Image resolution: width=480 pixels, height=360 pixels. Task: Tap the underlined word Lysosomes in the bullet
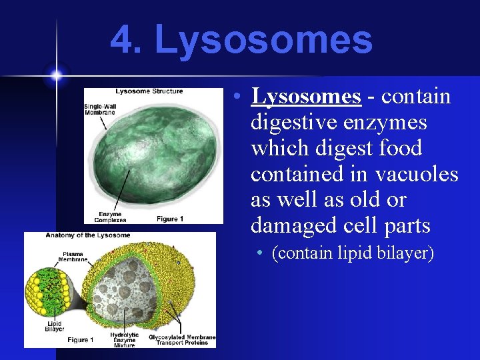click(306, 97)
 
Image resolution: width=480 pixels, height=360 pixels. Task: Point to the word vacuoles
click(417, 174)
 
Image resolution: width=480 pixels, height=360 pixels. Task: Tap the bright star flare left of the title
click(56, 75)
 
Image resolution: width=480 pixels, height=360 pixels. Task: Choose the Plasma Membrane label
click(75, 257)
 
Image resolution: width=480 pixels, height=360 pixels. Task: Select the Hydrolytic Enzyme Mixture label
click(124, 339)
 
